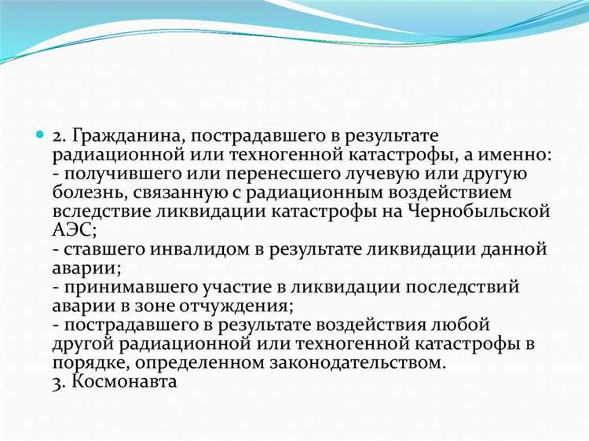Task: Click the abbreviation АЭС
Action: (73, 230)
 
